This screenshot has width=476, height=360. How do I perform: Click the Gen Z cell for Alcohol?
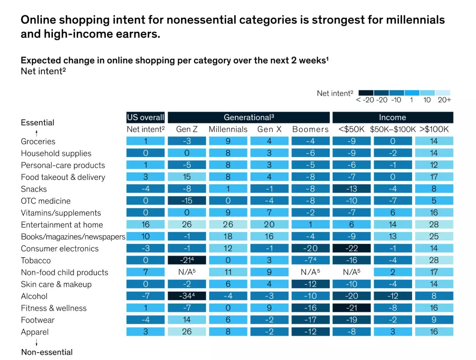(x=187, y=296)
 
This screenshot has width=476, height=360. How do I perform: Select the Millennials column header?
(x=228, y=129)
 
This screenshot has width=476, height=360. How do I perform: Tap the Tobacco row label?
(x=36, y=260)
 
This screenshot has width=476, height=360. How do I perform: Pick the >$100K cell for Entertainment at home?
(x=434, y=225)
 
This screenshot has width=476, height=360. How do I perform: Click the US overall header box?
(x=145, y=117)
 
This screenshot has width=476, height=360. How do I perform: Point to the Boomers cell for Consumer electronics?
(x=310, y=248)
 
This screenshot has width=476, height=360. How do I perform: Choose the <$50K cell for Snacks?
(x=351, y=189)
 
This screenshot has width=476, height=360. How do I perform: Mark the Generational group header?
(x=249, y=117)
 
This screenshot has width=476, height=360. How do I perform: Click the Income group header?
(x=392, y=117)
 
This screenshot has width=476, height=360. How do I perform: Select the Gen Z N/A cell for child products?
(x=187, y=272)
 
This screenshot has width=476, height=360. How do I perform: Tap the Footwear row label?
(x=37, y=320)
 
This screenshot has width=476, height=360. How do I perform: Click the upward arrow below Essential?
(x=37, y=132)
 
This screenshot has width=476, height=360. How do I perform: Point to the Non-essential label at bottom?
(x=47, y=352)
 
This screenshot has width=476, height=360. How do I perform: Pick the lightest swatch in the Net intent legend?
(x=443, y=93)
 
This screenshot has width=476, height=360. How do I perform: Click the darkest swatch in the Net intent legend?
(x=366, y=93)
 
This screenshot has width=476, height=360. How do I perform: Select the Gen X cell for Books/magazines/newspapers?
(x=269, y=236)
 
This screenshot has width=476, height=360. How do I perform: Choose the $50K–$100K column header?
(x=392, y=129)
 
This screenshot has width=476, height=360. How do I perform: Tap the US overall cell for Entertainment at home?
(x=145, y=225)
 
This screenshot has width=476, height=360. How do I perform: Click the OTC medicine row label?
(x=45, y=201)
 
